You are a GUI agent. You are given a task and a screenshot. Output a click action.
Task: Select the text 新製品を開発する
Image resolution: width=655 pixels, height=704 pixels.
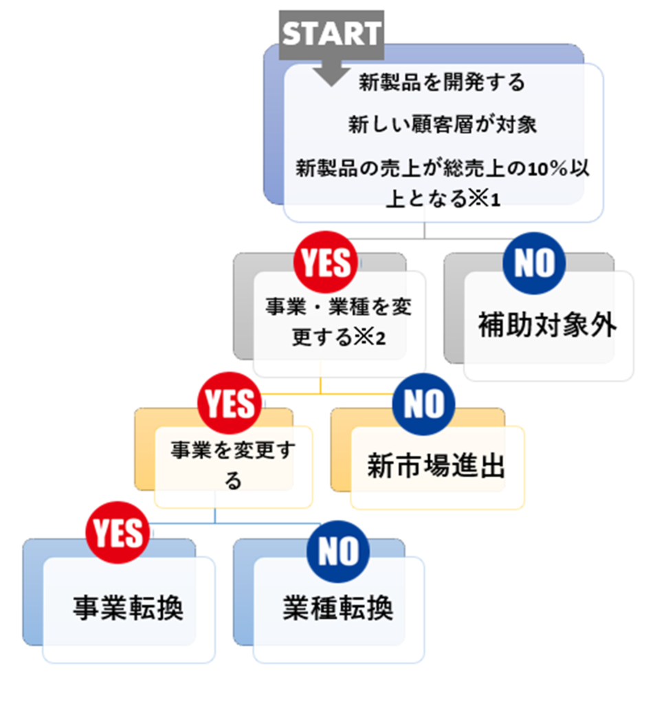[x=442, y=83]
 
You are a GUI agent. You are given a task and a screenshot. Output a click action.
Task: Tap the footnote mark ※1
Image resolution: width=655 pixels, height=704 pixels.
[x=484, y=201]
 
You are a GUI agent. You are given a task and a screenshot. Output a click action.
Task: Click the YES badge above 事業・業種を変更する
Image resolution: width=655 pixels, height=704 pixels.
[x=325, y=262]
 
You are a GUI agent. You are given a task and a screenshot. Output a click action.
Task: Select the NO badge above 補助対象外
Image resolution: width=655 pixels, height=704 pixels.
[x=534, y=262]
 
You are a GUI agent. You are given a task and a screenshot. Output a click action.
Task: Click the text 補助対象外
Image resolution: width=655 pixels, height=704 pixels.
[x=547, y=326]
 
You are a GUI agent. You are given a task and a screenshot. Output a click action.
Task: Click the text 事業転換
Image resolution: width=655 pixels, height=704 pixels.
[x=129, y=610]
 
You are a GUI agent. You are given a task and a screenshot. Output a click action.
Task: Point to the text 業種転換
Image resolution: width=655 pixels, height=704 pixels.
[x=338, y=610]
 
